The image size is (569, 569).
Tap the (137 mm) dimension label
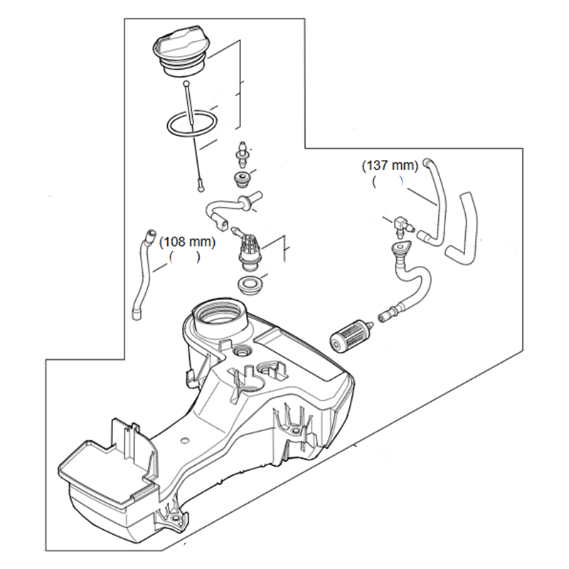click(390, 166)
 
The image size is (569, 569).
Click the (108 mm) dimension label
click(187, 242)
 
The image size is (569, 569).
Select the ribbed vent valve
click(247, 252)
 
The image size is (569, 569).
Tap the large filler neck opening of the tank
click(219, 314)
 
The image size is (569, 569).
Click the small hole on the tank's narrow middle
click(185, 440)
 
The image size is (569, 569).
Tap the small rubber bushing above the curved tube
click(240, 180)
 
